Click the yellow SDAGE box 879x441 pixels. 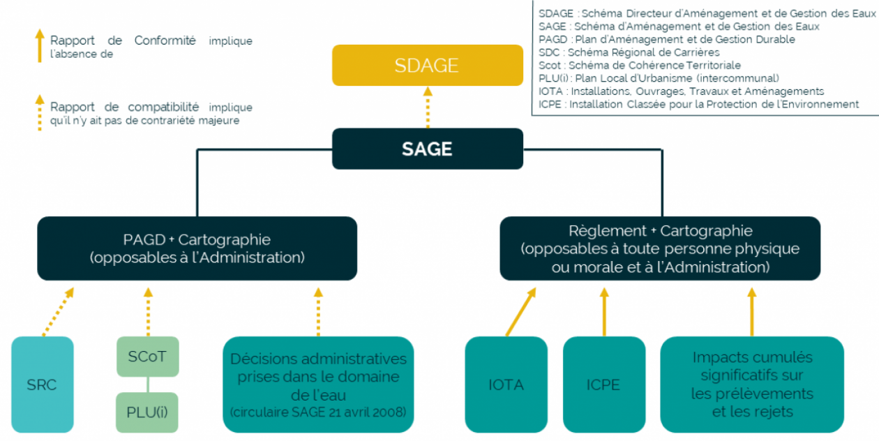pos(427,66)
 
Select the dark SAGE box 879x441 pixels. pos(427,149)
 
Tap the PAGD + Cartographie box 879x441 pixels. pos(197,248)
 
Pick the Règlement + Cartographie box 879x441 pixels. pos(660,248)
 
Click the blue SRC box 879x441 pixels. pos(43,384)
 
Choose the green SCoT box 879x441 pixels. pos(146,357)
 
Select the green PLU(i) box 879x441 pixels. pos(146,412)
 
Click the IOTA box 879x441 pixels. pos(506,384)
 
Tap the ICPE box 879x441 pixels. pos(603,384)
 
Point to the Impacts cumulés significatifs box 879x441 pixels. pos(751,384)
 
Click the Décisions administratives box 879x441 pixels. pos(318,384)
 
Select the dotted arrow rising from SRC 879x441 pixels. pos(58,311)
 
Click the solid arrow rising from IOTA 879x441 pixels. pos(520,311)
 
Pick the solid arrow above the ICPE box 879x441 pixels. pos(604,311)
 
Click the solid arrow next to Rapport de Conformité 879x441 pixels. pos(40,46)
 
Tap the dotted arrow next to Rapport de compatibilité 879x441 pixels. pos(40,113)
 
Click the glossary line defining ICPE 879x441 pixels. pos(698,104)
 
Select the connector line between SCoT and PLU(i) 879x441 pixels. pos(146,384)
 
